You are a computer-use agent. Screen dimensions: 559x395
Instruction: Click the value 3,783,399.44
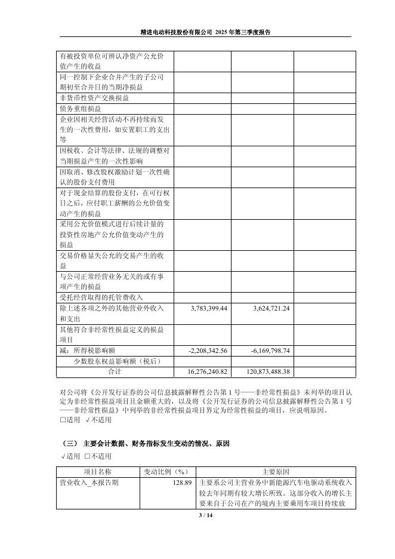point(204,308)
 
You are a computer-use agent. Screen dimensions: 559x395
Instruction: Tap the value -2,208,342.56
point(204,351)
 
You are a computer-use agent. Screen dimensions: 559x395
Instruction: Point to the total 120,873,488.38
point(263,371)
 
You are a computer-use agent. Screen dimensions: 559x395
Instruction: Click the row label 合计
point(114,371)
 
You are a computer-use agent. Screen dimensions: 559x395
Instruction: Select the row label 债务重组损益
point(81,109)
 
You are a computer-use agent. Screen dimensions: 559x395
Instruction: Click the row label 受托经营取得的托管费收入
point(101,297)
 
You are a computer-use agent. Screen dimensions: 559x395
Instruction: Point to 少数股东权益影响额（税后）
point(118,361)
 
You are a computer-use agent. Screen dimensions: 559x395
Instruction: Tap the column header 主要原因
point(275,472)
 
